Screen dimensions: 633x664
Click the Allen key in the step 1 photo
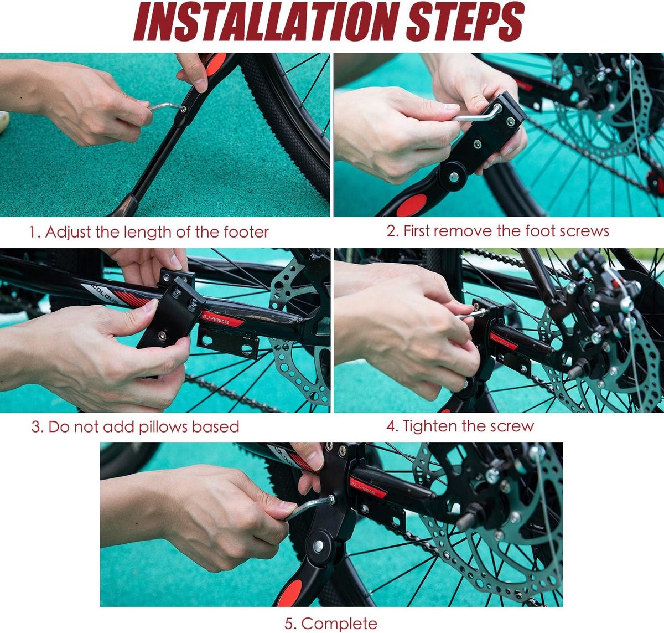(x=166, y=106)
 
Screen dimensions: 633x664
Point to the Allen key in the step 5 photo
(x=310, y=507)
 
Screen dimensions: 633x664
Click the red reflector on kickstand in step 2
(x=412, y=205)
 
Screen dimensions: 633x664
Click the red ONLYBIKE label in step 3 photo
(x=221, y=320)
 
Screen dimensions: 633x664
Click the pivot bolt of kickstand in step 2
(x=453, y=176)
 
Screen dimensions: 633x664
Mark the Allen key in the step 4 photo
(x=470, y=314)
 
